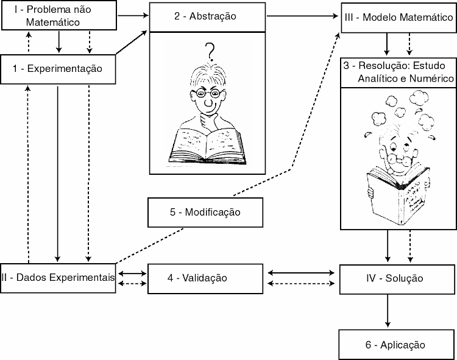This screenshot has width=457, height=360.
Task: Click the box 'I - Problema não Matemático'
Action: point(59,16)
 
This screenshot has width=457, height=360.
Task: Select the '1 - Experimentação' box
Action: point(58,69)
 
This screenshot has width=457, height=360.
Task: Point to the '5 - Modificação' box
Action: point(205,213)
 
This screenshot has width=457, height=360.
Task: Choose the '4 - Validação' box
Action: point(205,278)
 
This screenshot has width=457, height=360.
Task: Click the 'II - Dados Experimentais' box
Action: point(58,278)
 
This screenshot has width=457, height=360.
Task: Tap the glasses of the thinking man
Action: point(207,94)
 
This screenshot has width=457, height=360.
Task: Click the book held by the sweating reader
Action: point(399,191)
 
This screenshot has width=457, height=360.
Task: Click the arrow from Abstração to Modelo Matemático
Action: point(302,17)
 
